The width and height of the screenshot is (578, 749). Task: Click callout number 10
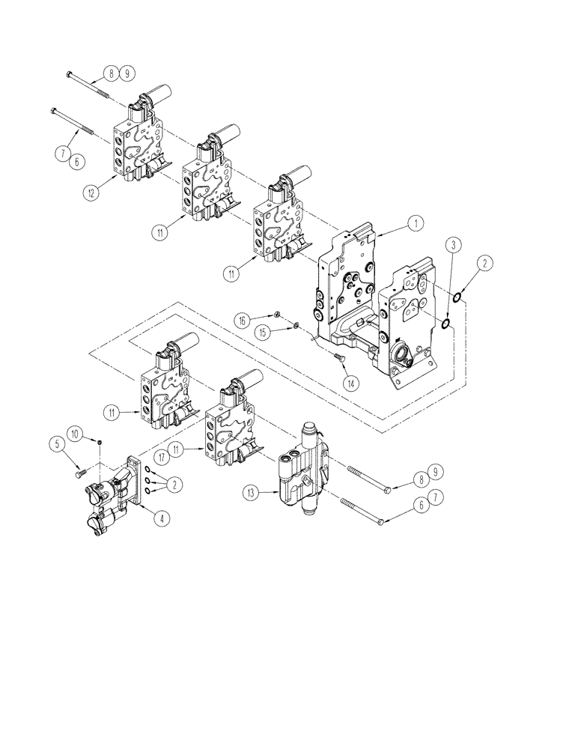click(76, 433)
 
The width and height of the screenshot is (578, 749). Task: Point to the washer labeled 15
click(296, 327)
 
